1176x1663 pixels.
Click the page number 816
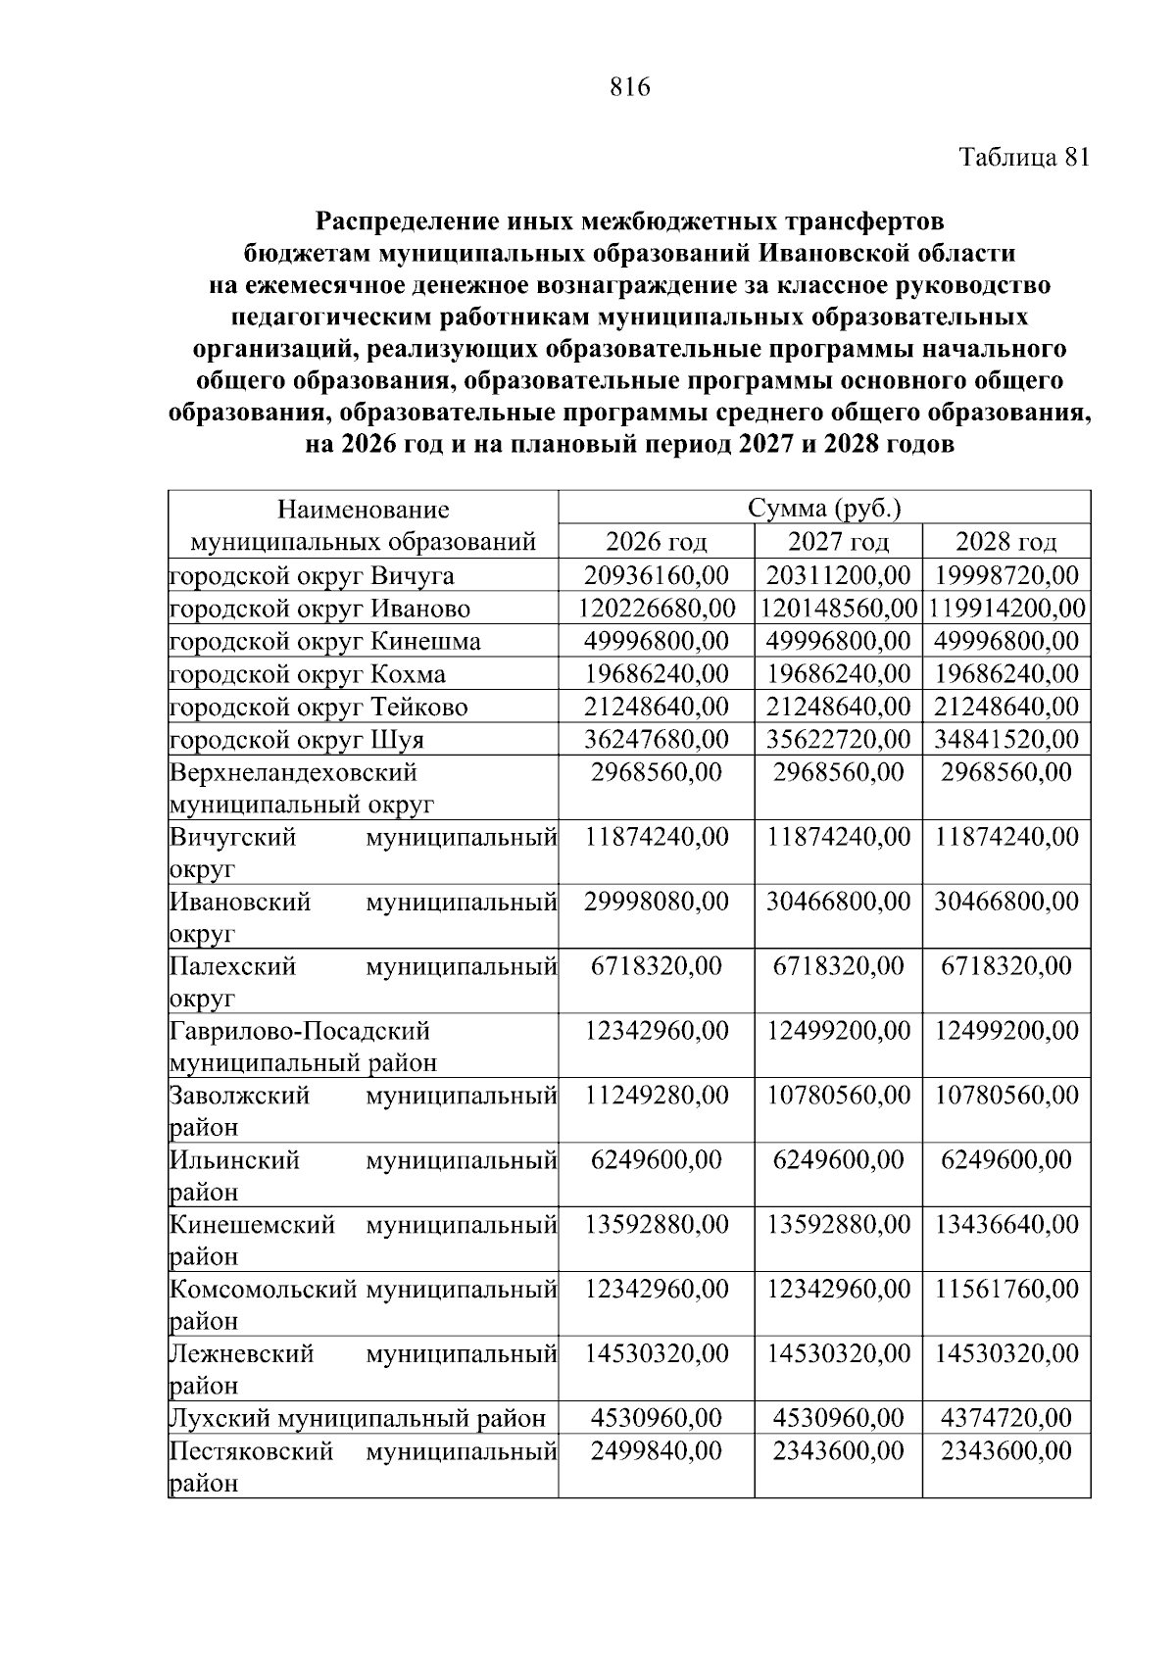629,88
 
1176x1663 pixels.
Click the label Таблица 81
1023,159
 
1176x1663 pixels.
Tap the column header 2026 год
657,542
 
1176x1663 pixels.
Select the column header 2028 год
1006,542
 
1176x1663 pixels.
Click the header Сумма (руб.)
824,509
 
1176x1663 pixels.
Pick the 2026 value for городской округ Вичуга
657,575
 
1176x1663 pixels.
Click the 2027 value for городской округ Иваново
839,609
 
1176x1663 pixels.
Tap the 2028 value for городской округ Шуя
1006,739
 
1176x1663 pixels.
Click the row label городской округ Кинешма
325,642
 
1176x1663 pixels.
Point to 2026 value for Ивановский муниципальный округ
657,902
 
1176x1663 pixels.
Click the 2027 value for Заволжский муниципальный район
839,1095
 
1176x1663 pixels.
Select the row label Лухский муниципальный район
358,1418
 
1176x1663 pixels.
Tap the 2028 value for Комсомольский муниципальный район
1006,1289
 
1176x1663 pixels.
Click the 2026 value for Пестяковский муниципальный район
657,1450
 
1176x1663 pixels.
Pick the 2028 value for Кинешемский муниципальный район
1006,1224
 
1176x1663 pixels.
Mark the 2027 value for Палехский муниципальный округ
839,966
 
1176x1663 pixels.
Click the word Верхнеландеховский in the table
293,772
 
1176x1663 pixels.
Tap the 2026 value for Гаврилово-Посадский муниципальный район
657,1031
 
